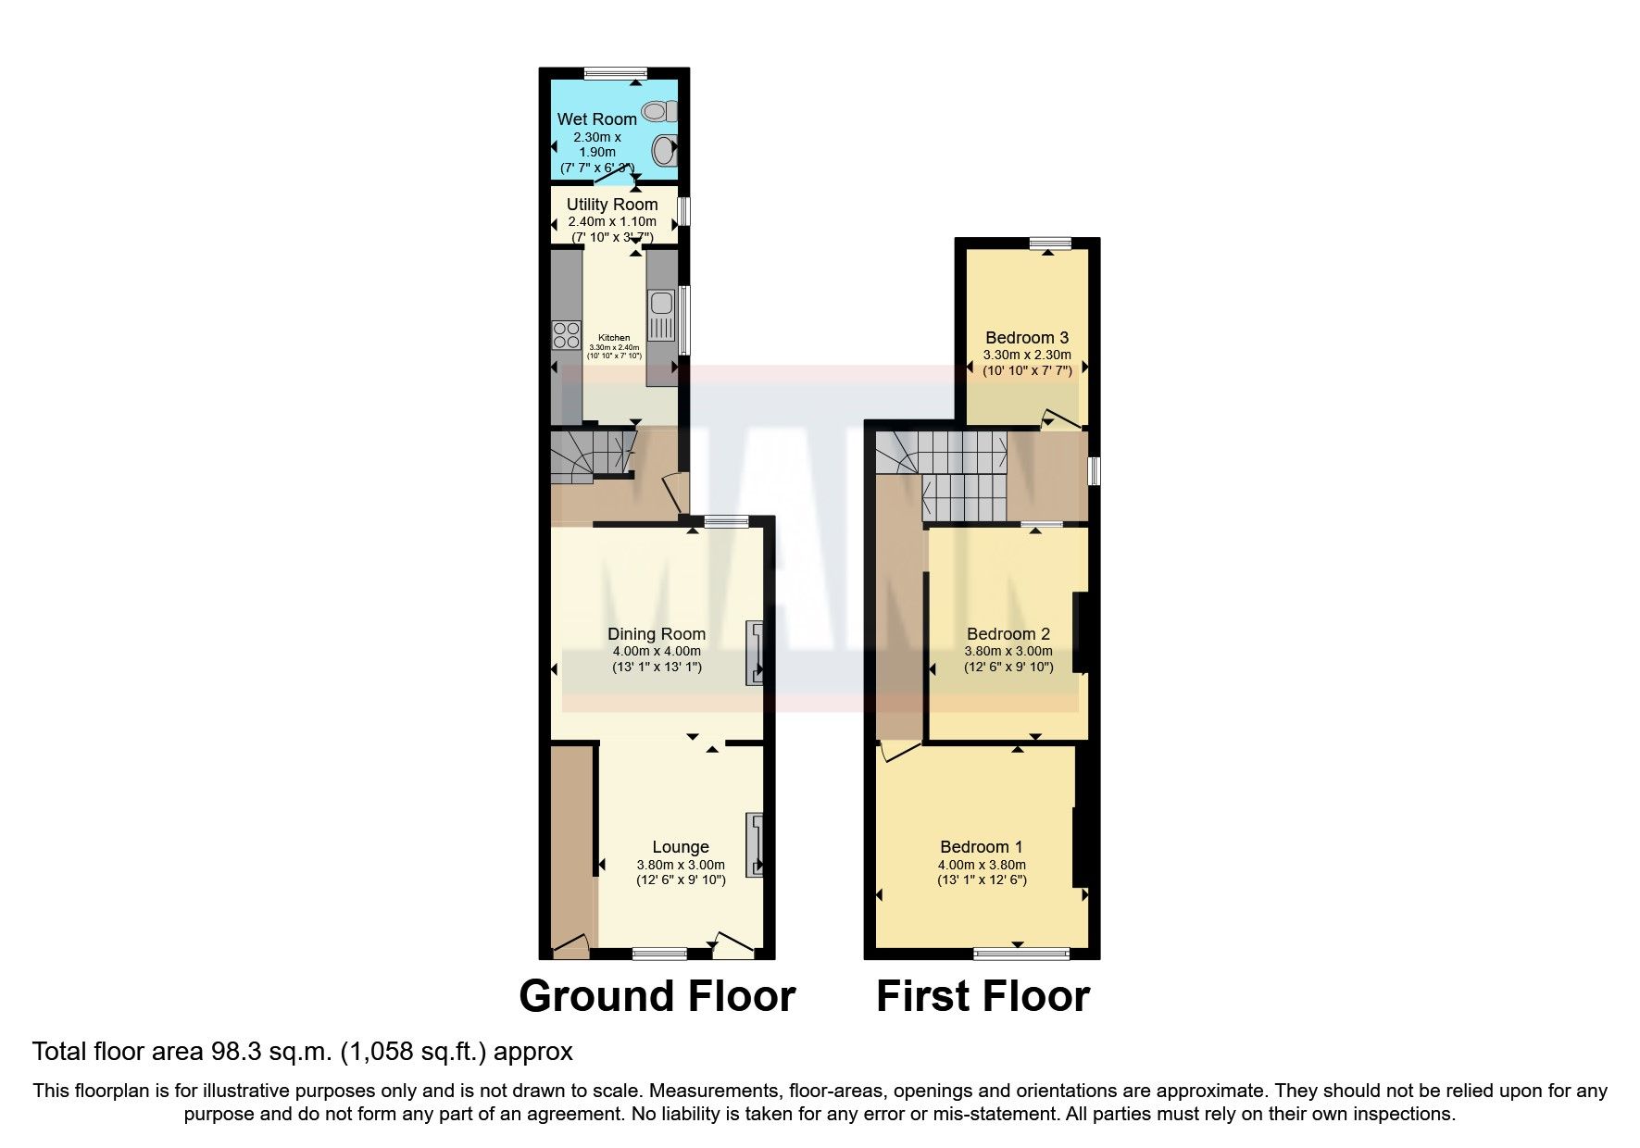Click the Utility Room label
612,204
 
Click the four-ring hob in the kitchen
564,334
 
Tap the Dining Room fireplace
756,653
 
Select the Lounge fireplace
756,844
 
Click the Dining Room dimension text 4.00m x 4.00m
657,651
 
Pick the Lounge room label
681,846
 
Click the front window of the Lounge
659,953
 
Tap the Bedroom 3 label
1026,337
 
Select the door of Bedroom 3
1061,419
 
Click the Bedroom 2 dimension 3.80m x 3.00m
1008,651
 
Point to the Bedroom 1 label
981,846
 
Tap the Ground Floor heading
657,996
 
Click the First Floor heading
983,996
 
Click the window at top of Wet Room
616,72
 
